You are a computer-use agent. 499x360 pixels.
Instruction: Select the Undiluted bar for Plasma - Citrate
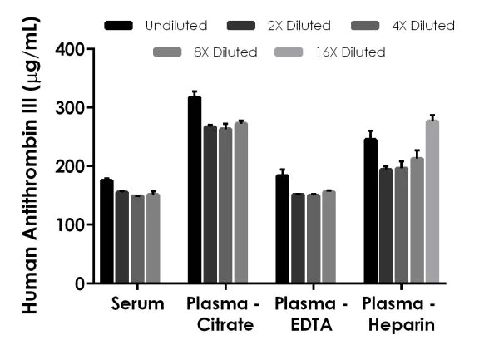(x=195, y=190)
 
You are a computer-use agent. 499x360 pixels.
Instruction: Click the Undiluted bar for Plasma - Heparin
(x=371, y=211)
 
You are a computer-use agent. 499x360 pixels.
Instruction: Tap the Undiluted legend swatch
(x=119, y=26)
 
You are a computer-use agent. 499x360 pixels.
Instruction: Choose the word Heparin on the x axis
(x=403, y=324)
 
